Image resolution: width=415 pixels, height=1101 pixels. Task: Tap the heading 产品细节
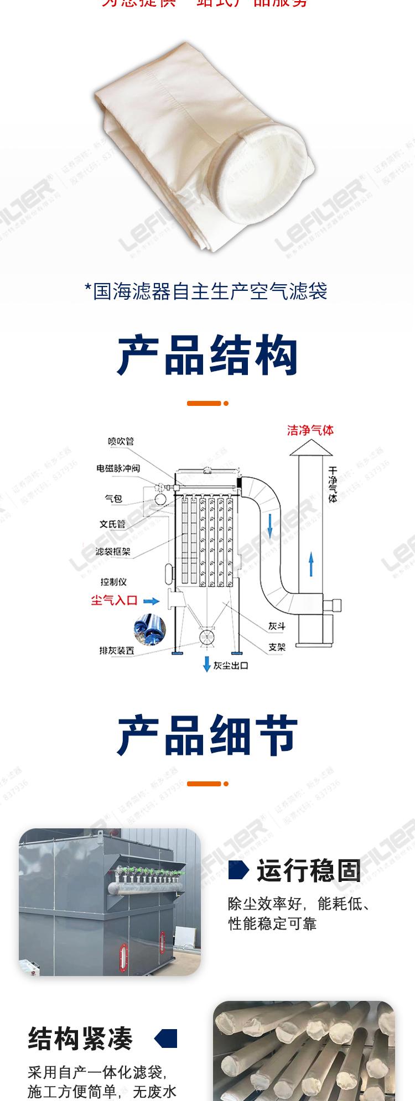[x=207, y=736]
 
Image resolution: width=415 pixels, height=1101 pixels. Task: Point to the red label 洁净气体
[x=310, y=430]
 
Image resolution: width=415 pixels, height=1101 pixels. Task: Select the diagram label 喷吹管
[x=121, y=441]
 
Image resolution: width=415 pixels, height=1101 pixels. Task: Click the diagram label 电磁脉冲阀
[x=118, y=468]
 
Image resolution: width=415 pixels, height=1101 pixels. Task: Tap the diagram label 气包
[x=113, y=498]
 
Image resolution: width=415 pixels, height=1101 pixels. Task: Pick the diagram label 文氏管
[x=112, y=524]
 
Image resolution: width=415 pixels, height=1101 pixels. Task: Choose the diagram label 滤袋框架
[x=113, y=551]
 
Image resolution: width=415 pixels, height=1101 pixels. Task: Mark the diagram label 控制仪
[x=113, y=582]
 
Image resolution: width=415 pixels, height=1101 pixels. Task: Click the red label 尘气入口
[x=114, y=601]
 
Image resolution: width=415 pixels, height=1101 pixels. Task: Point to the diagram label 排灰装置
[x=116, y=650]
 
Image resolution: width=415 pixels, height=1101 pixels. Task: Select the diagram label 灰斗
[x=277, y=627]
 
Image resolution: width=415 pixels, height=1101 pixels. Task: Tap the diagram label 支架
[x=277, y=647]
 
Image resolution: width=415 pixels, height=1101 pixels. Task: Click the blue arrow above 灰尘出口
[x=206, y=663]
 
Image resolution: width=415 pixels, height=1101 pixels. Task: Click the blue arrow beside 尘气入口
[x=151, y=601]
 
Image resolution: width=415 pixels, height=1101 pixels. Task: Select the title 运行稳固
[x=308, y=870]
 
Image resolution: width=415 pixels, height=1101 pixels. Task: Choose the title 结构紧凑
[x=81, y=1039]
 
